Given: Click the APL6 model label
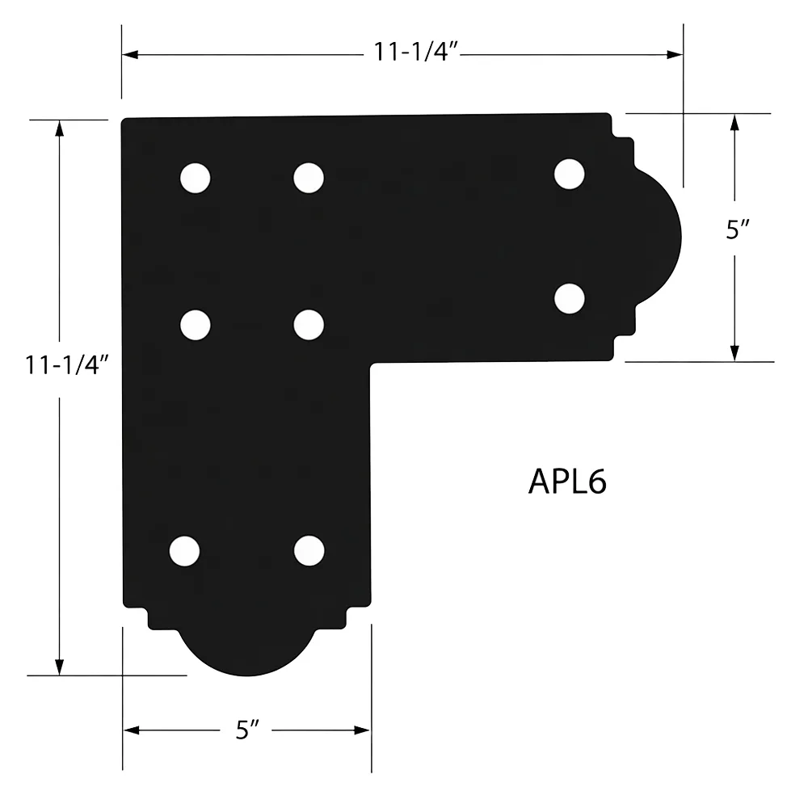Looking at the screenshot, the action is (x=567, y=482).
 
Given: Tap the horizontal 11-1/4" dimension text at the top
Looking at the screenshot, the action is (x=415, y=52).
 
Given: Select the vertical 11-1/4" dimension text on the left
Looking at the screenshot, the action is (x=67, y=365).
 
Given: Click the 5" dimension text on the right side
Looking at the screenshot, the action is (x=738, y=229).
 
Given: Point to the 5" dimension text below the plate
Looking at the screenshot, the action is (x=247, y=730).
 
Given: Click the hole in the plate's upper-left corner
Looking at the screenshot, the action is (x=196, y=179).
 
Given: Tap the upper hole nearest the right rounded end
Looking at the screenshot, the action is (x=570, y=175).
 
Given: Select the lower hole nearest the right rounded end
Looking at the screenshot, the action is (x=570, y=298).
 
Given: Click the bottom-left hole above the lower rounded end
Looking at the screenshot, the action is (x=184, y=551).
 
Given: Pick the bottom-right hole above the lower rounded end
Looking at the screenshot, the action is (x=309, y=551).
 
